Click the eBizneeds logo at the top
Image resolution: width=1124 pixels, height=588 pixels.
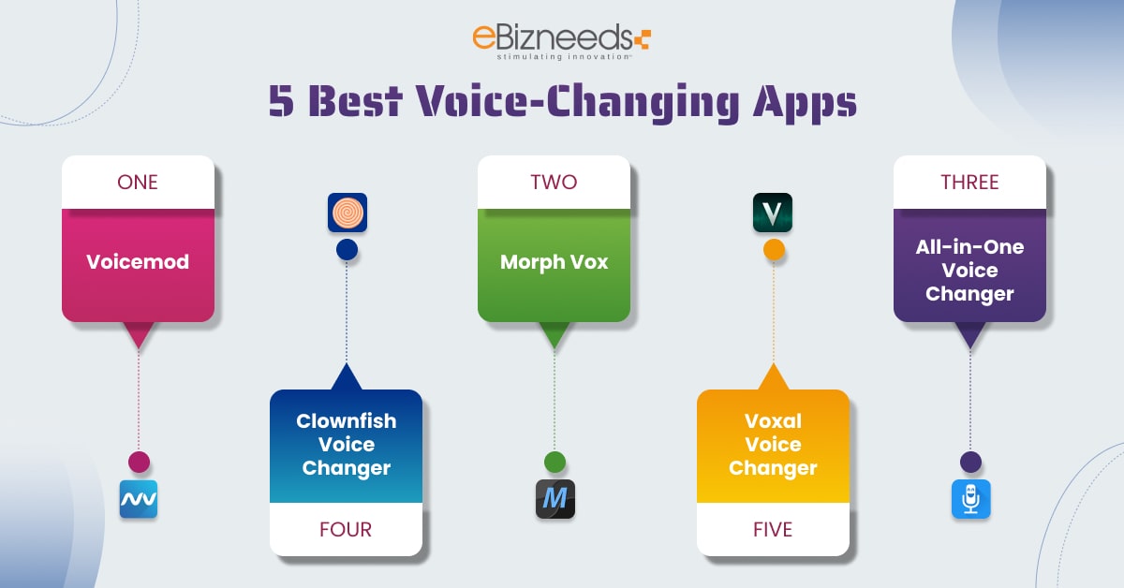561,41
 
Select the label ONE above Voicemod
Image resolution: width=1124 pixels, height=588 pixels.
138,182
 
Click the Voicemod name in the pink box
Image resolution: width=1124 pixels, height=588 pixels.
138,262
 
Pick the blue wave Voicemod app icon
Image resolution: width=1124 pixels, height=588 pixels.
139,499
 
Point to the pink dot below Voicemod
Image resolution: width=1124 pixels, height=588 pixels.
139,462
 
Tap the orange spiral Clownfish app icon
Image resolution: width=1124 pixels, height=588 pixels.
347,213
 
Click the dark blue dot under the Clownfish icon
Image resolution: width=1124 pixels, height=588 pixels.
347,249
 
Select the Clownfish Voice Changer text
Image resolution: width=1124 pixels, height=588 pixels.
346,444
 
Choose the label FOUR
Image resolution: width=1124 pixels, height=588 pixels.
346,529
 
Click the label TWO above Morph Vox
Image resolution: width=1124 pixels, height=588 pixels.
554,182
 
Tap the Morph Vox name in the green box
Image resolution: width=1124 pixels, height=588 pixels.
554,262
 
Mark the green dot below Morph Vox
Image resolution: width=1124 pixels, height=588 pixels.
555,462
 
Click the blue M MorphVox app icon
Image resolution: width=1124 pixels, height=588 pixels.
555,499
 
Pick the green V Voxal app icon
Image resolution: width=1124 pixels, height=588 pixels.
773,213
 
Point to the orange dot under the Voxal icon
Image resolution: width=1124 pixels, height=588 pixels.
774,250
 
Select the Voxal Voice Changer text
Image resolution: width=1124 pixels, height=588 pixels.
773,444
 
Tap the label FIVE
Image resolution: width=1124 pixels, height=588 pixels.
773,529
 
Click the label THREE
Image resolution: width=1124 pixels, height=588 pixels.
969,182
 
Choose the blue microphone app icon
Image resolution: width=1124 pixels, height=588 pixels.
970,499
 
